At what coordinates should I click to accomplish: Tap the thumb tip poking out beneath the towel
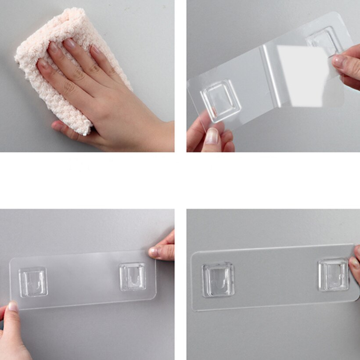point(58,127)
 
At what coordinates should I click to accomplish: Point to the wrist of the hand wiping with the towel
point(158,132)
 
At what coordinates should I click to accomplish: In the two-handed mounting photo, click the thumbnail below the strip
point(13,306)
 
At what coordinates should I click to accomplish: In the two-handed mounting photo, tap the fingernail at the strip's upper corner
point(153,252)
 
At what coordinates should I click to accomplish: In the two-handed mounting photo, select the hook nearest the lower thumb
point(33,281)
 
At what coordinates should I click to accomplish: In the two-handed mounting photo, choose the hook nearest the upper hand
point(133,276)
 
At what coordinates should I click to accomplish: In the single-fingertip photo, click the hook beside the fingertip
point(333,274)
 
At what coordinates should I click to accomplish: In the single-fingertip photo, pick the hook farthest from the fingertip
point(218,279)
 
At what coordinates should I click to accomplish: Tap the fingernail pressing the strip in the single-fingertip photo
point(354,263)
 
